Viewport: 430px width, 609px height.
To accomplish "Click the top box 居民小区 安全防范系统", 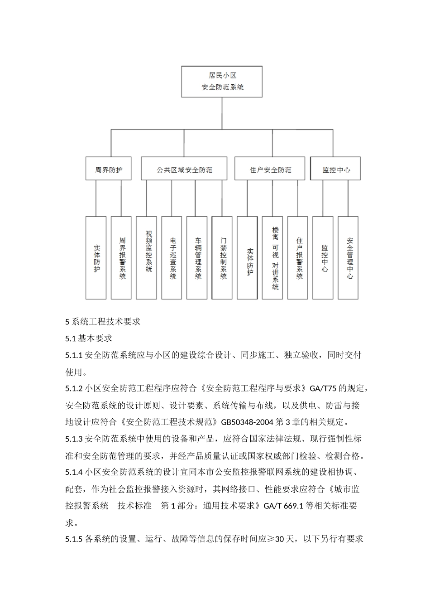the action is pos(222,82).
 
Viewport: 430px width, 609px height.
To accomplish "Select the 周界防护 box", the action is pos(109,170).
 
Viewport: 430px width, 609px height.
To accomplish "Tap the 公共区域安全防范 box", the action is pos(184,170).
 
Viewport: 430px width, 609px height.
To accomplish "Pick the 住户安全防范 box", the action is pos(271,170).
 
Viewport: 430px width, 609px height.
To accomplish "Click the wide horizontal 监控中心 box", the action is pos(336,170).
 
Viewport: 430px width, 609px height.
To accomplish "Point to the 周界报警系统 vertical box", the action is pos(121,257).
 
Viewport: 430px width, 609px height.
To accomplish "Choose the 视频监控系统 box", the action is pos(147,257).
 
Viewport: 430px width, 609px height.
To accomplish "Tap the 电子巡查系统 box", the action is pos(172,257).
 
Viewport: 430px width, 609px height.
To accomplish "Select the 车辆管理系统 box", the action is pos(197,257).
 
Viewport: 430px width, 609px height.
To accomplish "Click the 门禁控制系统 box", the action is pos(222,257).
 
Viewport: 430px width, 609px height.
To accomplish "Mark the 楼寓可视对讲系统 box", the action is pos(273,257).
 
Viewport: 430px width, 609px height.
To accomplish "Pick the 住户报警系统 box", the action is pos(298,257).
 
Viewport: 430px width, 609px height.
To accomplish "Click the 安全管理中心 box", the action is pos(349,257).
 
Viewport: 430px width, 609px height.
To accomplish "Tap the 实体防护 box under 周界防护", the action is pos(96,257).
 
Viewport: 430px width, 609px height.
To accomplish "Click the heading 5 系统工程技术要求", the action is pos(103,322).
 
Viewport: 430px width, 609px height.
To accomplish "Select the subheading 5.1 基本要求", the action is pos(89,338).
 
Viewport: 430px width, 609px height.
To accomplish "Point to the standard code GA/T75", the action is pos(323,388).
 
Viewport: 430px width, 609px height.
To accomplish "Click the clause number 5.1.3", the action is pos(74,439).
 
